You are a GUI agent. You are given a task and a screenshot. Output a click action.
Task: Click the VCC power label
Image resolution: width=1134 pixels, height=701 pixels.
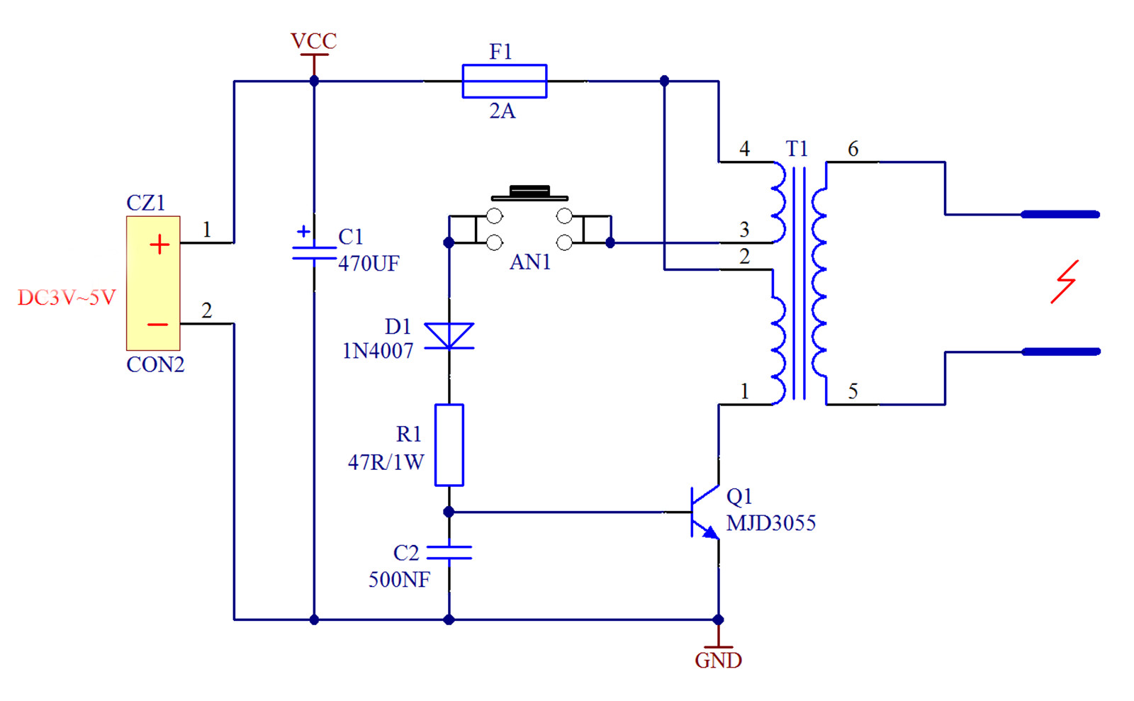click(x=313, y=41)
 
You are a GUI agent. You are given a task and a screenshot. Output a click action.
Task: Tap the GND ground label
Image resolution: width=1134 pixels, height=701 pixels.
click(x=718, y=661)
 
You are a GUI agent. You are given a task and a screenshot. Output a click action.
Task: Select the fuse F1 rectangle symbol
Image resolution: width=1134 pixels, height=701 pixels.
click(x=504, y=81)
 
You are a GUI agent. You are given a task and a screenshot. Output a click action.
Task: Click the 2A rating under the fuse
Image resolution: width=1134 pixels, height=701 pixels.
click(x=503, y=111)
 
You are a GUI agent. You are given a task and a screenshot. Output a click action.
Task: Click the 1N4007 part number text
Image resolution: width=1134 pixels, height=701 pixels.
click(x=378, y=351)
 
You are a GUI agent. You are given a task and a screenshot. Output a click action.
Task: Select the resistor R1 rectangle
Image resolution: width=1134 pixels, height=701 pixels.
click(x=449, y=445)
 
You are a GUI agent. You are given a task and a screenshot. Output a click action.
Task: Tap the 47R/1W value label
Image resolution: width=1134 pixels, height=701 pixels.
click(x=386, y=462)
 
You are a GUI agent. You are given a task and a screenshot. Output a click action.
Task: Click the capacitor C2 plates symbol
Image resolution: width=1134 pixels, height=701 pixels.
click(x=449, y=552)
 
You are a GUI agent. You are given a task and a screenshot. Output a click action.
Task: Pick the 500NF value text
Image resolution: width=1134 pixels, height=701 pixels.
click(x=400, y=580)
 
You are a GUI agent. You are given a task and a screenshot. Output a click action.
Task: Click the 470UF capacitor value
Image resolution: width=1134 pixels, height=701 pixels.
click(x=369, y=264)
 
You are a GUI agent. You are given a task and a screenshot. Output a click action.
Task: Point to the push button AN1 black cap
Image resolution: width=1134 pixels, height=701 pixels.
click(x=529, y=192)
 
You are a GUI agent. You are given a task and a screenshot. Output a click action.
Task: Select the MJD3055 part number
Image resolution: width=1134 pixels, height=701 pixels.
click(x=771, y=523)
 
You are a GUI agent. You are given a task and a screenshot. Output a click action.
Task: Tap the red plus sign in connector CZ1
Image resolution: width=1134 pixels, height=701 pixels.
click(x=159, y=245)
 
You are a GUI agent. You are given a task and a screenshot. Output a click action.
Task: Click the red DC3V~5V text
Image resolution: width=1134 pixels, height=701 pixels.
click(x=67, y=298)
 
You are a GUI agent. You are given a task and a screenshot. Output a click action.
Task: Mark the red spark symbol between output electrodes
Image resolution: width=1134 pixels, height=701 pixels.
click(x=1065, y=282)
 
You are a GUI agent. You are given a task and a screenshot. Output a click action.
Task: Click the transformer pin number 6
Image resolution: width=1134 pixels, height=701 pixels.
click(x=853, y=149)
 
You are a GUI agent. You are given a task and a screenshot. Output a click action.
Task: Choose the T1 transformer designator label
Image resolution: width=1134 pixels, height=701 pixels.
click(x=797, y=149)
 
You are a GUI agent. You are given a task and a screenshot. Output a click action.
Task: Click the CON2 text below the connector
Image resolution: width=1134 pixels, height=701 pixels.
click(x=155, y=365)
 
